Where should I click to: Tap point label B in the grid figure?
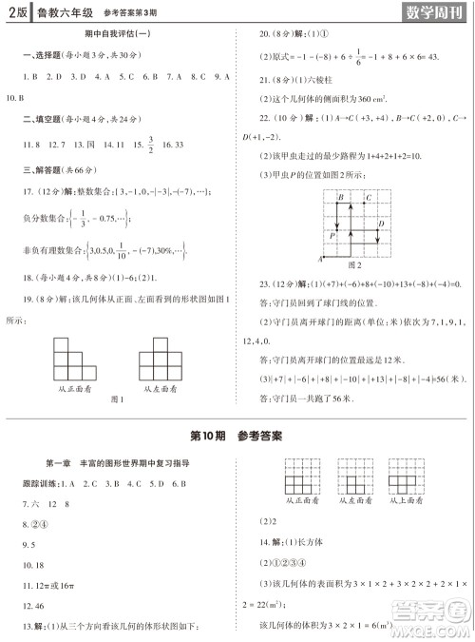[x=340, y=196]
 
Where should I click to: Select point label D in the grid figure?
[x=381, y=224]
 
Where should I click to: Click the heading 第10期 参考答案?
[x=237, y=437]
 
